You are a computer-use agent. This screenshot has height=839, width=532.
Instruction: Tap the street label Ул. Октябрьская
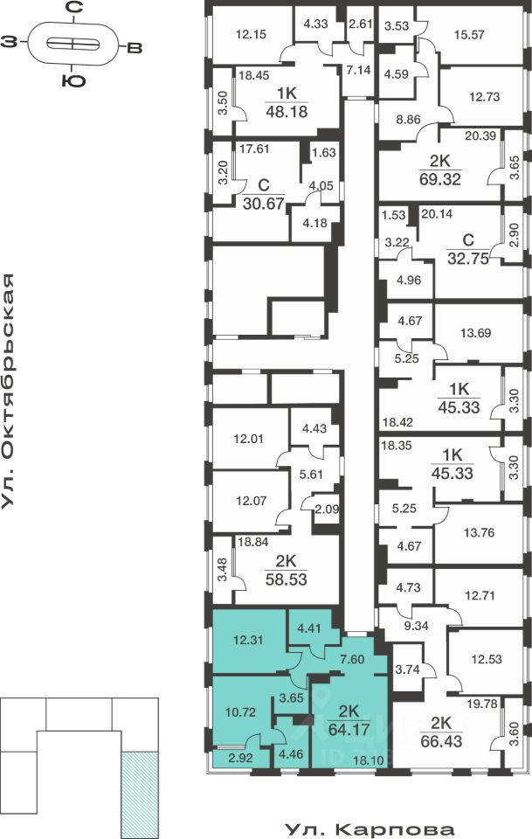(x=10, y=391)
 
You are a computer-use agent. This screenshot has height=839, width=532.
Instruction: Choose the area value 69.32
(x=439, y=179)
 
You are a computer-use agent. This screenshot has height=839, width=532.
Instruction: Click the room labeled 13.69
(x=476, y=332)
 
